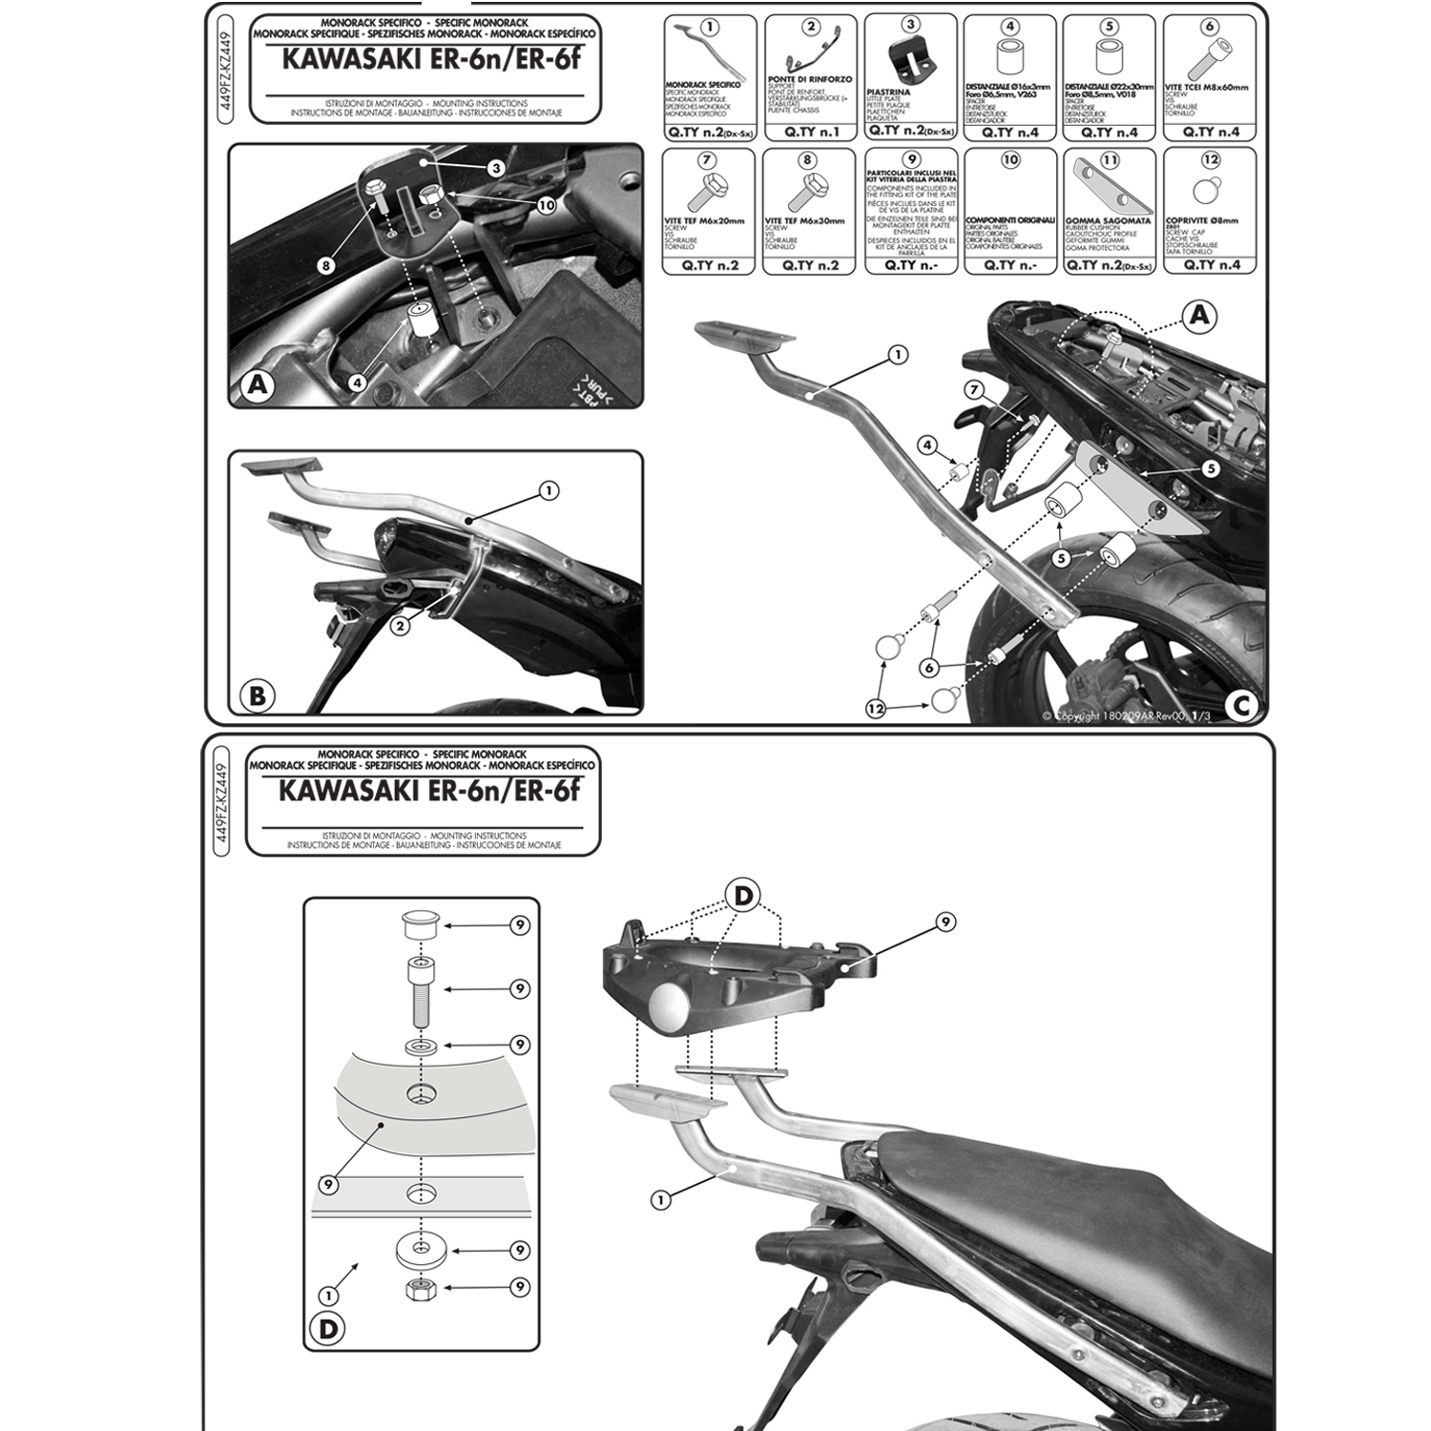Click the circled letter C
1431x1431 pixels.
coord(1241,705)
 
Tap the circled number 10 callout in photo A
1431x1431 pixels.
coord(546,205)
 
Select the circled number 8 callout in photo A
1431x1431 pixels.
coord(326,265)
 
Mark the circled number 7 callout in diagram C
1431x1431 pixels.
coord(973,388)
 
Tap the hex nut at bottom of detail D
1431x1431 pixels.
coord(417,1290)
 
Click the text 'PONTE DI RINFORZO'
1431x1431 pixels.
coord(809,79)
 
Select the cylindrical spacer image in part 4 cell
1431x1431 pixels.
coord(1009,57)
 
